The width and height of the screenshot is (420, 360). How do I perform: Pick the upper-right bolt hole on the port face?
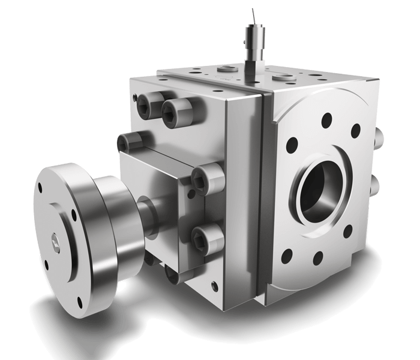pyautogui.click(x=355, y=130)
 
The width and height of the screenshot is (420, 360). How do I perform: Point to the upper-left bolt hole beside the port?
pyautogui.click(x=293, y=144)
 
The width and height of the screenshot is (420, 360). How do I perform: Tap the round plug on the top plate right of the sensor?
pyautogui.click(x=278, y=77)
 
